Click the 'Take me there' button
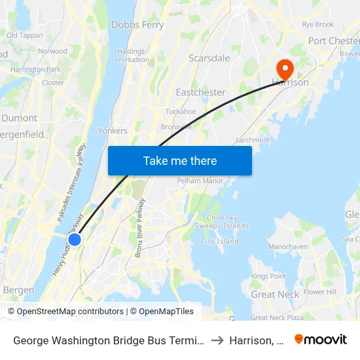[180, 160]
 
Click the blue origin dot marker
[75, 240]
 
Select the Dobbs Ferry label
[137, 25]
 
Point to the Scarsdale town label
[209, 58]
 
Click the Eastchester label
[200, 92]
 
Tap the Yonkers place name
[113, 130]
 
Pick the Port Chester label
[334, 41]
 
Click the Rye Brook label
[318, 24]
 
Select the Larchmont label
[252, 139]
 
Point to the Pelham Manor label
[200, 181]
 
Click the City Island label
[220, 242]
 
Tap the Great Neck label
[275, 295]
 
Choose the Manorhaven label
[288, 247]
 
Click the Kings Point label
[268, 276]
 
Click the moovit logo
[320, 339]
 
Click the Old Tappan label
[24, 35]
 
